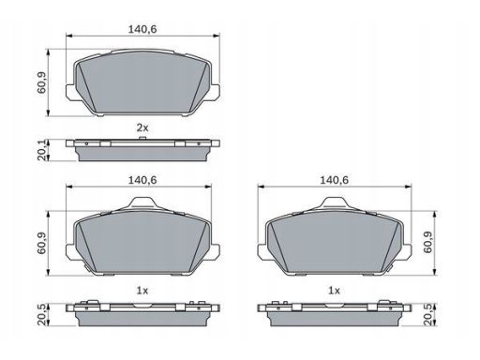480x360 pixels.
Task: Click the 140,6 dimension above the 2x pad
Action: (x=142, y=29)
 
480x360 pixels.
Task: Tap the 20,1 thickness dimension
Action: (x=42, y=150)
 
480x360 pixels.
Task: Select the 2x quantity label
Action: (x=142, y=127)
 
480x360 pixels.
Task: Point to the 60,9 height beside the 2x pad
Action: (x=41, y=82)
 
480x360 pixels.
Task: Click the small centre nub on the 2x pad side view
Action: (x=142, y=138)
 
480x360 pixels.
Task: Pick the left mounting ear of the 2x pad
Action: (x=70, y=92)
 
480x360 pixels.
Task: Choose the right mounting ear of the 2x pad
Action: (x=215, y=92)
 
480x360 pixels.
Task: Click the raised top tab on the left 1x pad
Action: (x=142, y=202)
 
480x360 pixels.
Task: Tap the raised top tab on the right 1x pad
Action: (x=335, y=202)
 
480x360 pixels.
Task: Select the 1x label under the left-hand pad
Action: (x=142, y=291)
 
